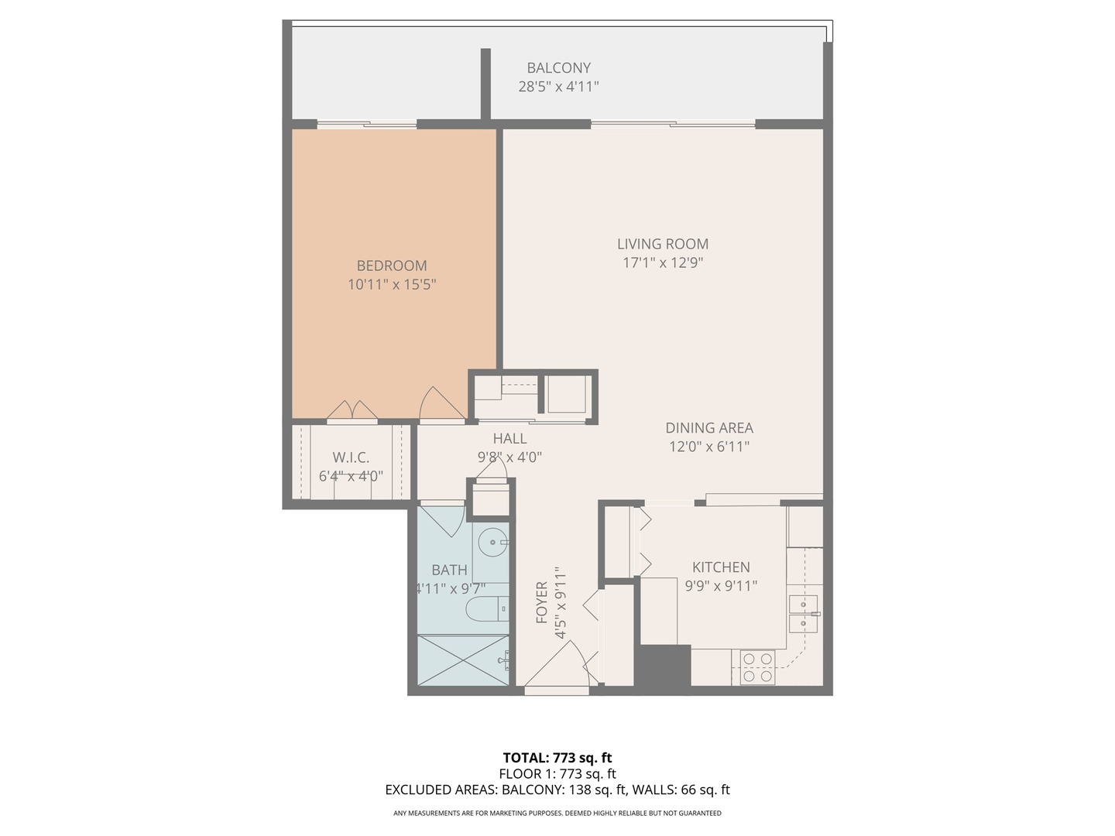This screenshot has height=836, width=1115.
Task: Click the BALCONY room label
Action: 558,67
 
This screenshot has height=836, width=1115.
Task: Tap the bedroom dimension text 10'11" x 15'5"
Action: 392,284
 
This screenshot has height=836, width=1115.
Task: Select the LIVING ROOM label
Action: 662,244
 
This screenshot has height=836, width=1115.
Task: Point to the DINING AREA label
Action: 708,427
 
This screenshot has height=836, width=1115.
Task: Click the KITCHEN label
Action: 720,567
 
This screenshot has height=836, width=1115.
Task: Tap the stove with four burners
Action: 757,666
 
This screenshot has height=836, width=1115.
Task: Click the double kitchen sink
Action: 805,613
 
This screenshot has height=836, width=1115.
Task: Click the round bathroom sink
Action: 492,543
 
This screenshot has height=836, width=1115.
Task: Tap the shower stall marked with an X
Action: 463,660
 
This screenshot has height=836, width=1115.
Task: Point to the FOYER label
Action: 541,602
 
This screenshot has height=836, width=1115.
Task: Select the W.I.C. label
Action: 351,457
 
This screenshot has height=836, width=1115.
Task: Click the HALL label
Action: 509,438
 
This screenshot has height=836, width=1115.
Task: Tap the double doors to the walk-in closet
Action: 352,411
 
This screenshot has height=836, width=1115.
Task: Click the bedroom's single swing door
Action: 441,405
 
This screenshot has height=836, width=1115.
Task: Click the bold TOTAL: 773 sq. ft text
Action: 557,758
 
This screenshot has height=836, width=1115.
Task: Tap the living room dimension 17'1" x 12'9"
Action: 662,262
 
